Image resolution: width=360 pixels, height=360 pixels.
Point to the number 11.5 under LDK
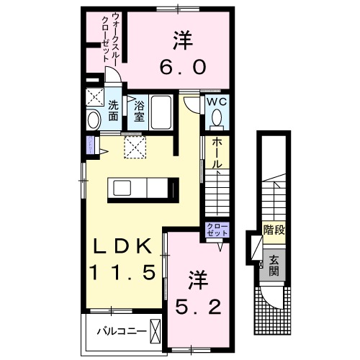pyautogui.click(x=123, y=273)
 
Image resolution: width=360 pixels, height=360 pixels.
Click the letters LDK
pyautogui.click(x=122, y=246)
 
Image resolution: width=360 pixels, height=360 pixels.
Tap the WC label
pyautogui.click(x=217, y=102)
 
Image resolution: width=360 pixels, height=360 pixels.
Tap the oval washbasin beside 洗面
pyautogui.click(x=94, y=120)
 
